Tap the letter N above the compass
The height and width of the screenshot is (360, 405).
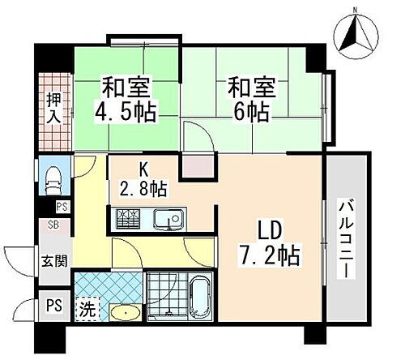[x=353, y=10]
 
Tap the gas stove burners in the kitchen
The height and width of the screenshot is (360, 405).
[x=129, y=218]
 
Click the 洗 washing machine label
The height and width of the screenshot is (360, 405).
[x=87, y=308]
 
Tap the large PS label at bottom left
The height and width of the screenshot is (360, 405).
[x=53, y=306]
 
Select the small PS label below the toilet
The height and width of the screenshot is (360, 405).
[x=62, y=206]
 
